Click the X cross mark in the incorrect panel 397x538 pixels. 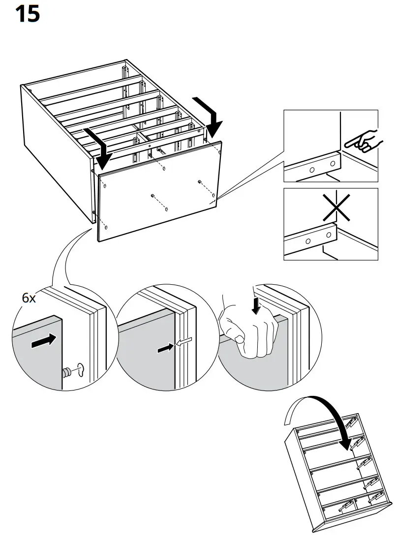click(336, 207)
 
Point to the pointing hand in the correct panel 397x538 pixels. click(362, 140)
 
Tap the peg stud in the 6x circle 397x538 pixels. click(65, 372)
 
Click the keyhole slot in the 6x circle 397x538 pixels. click(81, 370)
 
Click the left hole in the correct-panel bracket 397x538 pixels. click(312, 169)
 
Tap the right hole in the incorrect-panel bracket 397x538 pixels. click(326, 236)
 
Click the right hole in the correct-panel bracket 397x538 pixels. click(333, 163)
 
